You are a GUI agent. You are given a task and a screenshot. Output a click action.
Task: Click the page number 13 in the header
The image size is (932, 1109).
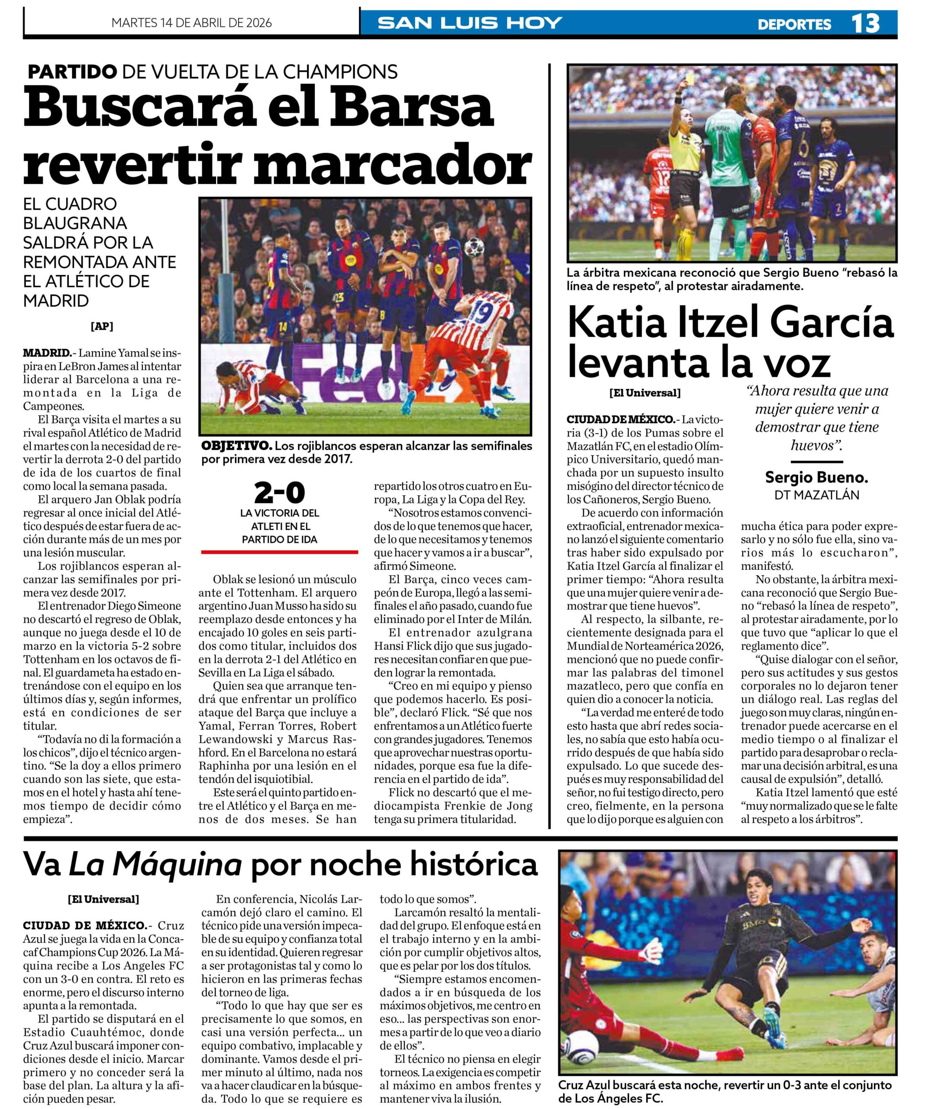(x=865, y=24)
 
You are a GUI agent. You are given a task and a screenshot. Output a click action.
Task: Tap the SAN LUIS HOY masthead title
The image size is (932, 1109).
(x=470, y=23)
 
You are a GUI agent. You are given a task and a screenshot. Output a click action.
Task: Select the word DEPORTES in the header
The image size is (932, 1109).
(x=794, y=24)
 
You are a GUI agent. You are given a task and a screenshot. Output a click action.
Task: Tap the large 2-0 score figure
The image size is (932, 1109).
(x=280, y=493)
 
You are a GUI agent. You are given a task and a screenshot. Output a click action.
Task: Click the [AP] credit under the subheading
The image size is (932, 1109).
(x=102, y=326)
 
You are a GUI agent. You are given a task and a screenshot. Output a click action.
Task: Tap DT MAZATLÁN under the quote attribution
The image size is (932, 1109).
(x=816, y=495)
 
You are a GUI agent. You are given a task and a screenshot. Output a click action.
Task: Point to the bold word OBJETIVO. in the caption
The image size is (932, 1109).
(x=236, y=446)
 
